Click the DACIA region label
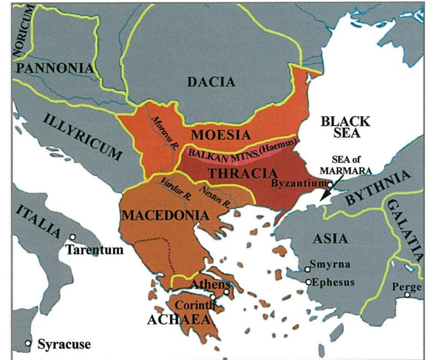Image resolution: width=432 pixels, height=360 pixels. point(211,82)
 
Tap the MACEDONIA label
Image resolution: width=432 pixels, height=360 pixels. point(166,215)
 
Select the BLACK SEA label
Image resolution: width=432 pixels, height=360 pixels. point(345,128)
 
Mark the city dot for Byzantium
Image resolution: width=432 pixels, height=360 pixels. point(330,185)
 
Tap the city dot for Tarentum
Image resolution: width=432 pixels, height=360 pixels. point(73,237)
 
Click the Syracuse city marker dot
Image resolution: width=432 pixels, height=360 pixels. point(28,343)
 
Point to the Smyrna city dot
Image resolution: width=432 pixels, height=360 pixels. point(308,269)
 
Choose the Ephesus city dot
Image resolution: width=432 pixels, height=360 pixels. point(309,282)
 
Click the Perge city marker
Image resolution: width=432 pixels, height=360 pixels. point(407,295)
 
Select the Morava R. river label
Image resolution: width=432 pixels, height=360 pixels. point(164,133)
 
